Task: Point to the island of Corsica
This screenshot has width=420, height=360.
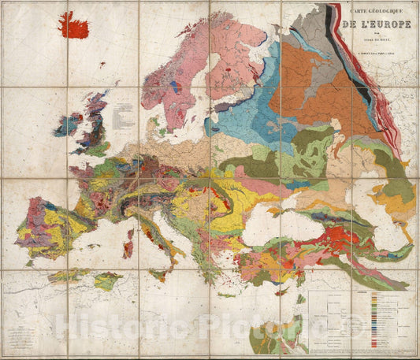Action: click(131, 228)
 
